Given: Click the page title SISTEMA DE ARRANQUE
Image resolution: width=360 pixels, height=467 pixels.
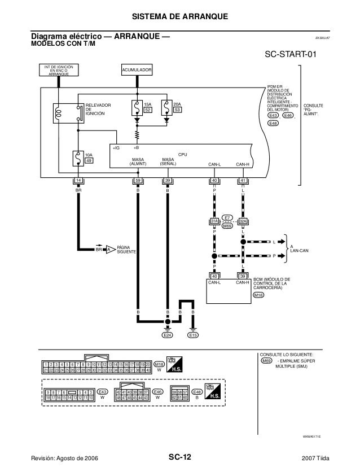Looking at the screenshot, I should click(179, 15).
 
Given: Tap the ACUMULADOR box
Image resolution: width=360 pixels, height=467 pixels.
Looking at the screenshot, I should click(137, 70).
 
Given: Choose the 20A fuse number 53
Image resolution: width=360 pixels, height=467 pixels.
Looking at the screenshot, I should click(177, 111).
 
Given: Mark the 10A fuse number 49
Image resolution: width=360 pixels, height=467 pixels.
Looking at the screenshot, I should click(89, 160).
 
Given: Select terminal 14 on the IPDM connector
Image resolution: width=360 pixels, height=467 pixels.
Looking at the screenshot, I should click(79, 181).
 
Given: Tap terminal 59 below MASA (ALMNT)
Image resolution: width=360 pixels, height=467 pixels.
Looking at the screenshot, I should click(137, 181).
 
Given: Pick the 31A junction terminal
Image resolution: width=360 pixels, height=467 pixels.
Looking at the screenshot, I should click(214, 222).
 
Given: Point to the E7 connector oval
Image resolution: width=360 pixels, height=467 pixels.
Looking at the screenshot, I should click(227, 217).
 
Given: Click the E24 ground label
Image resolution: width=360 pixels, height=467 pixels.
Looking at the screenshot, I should click(167, 335).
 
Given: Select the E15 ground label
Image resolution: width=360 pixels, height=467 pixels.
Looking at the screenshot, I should click(193, 335).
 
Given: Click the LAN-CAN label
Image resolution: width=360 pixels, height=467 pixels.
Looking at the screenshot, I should click(299, 251).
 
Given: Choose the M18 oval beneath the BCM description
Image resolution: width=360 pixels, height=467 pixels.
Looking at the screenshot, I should click(259, 295).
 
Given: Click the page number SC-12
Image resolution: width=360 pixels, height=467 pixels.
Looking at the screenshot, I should click(179, 456).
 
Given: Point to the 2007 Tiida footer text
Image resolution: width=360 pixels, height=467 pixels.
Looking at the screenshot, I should click(324, 456).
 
